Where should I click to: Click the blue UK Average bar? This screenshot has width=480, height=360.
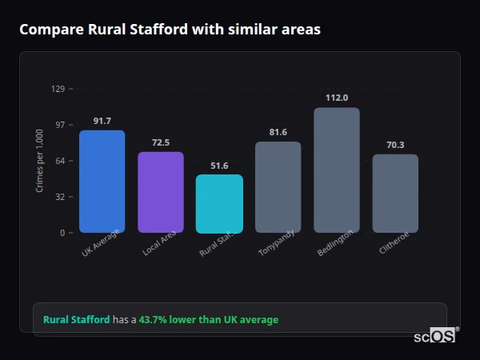102,182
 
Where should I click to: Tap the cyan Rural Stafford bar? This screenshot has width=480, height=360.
219,204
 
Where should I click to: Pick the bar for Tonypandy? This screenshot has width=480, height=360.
278,187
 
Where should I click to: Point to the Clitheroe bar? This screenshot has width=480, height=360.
395,194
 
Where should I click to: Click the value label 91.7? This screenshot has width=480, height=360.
102,121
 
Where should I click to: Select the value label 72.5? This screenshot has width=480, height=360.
161,142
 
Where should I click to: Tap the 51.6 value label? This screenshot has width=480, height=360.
219,166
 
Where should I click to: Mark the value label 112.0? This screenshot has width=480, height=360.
337,98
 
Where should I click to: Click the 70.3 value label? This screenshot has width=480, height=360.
395,145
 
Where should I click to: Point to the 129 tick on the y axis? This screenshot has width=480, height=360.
58,89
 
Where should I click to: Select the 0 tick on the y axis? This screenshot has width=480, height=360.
62,233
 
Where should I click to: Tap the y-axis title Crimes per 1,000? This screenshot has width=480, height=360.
40,161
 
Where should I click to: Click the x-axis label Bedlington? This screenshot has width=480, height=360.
334,242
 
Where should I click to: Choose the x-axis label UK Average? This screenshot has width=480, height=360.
100,242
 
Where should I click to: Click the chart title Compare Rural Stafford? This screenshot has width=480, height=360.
170,30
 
